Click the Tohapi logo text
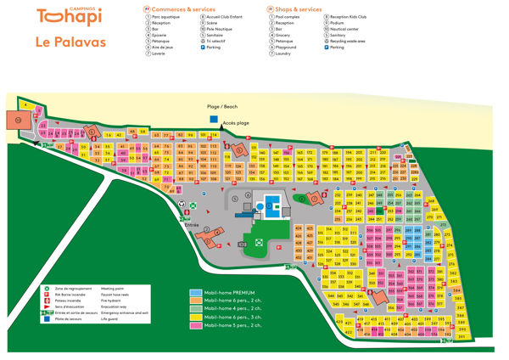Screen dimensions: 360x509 point(65,17)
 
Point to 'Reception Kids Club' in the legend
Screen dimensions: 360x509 point(352,16)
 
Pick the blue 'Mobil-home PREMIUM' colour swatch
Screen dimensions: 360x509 point(195,292)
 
